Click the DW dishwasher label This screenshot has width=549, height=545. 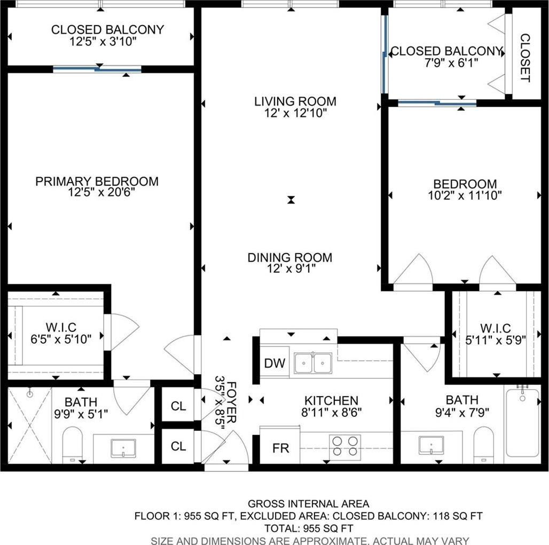pos(275,364)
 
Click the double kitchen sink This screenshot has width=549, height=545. pos(312,362)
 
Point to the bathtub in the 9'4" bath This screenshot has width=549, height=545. pos(522,423)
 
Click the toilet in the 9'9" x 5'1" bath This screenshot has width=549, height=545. pos(73,445)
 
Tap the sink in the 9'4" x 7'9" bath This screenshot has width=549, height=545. pos(432,445)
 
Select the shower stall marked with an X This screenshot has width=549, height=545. pos(30,425)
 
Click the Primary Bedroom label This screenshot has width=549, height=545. pos(97,181)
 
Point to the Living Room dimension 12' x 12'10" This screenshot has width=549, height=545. pos(295,113)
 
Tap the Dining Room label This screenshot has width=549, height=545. pos(290,257)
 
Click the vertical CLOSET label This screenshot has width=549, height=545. pos(525,58)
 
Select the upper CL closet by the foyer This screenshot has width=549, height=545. pos(178,406)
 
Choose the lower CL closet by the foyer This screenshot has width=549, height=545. pos(178,446)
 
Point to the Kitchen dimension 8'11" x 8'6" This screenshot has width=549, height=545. pos(331,412)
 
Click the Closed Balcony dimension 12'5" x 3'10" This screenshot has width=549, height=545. pos(103,41)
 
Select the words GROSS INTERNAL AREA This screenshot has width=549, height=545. pos(309,504)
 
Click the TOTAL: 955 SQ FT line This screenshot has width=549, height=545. pos(309,528)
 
